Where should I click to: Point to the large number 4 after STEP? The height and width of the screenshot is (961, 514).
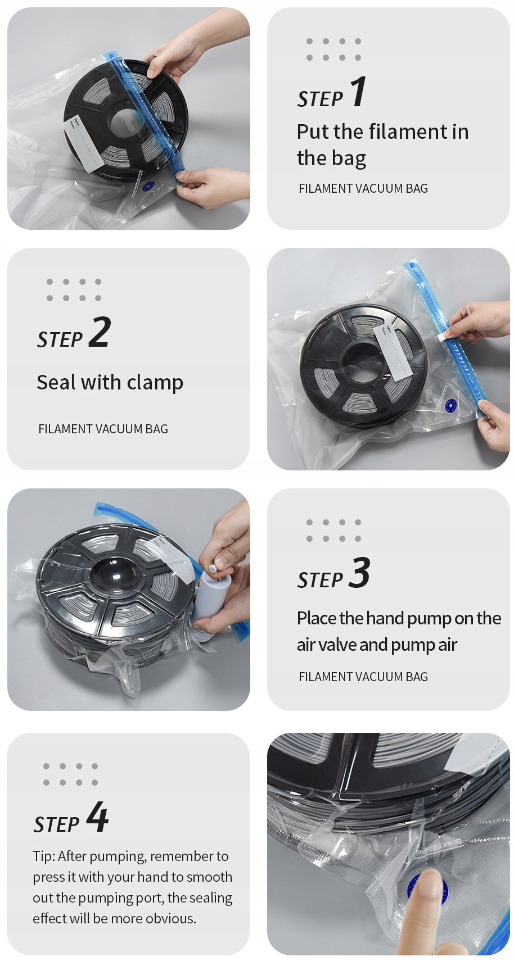coord(97,817)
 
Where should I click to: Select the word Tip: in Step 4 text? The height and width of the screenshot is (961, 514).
coord(44,856)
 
